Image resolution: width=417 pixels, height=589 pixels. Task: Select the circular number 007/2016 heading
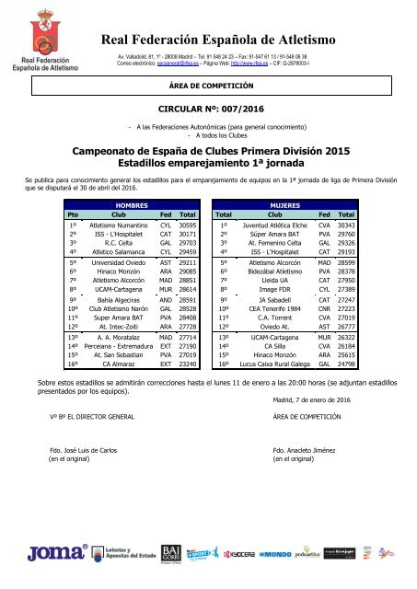(x=208, y=106)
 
